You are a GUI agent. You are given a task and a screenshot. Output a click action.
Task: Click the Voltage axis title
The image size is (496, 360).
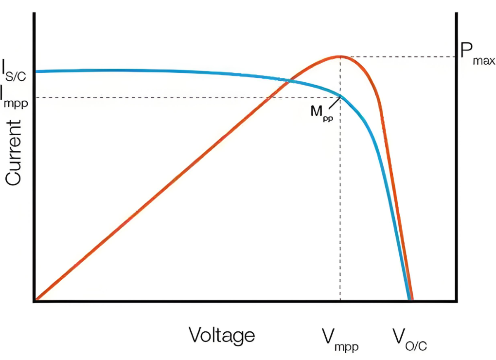(x=222, y=335)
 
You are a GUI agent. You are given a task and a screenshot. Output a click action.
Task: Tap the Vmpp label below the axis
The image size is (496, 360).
(x=340, y=338)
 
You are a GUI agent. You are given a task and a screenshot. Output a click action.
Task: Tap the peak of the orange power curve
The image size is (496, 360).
(x=340, y=56)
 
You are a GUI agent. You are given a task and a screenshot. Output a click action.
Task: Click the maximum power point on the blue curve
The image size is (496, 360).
(x=340, y=97)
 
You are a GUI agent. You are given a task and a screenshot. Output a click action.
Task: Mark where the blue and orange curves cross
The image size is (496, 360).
(x=288, y=79)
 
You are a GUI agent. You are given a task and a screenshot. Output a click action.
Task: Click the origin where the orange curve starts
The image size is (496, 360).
(x=35, y=301)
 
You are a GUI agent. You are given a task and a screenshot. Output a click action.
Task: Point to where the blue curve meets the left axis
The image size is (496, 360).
(x=35, y=72)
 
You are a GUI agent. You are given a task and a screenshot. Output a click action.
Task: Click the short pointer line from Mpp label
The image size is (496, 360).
(x=334, y=103)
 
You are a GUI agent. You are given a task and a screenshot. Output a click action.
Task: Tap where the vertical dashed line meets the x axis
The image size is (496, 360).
(x=340, y=301)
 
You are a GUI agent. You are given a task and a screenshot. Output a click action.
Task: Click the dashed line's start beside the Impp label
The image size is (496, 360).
(x=37, y=97)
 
